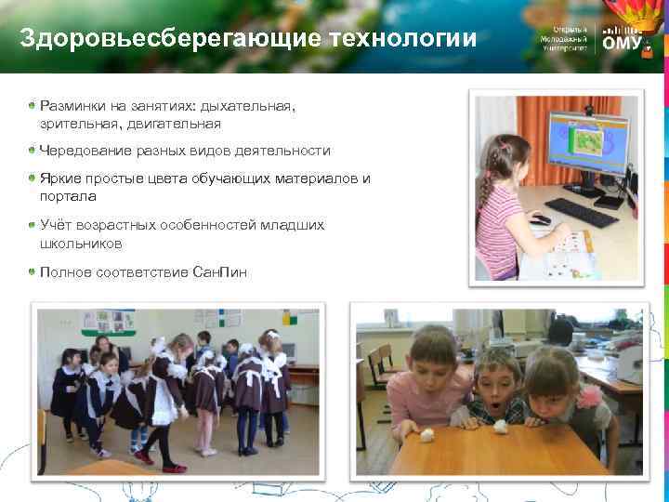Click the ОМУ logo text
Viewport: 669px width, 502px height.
coord(621,44)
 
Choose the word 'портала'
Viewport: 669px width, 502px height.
coord(68,196)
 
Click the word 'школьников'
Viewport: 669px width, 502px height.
coord(81,243)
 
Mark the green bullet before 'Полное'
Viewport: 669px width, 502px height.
coord(33,271)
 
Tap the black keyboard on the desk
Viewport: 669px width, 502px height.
coord(581,213)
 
